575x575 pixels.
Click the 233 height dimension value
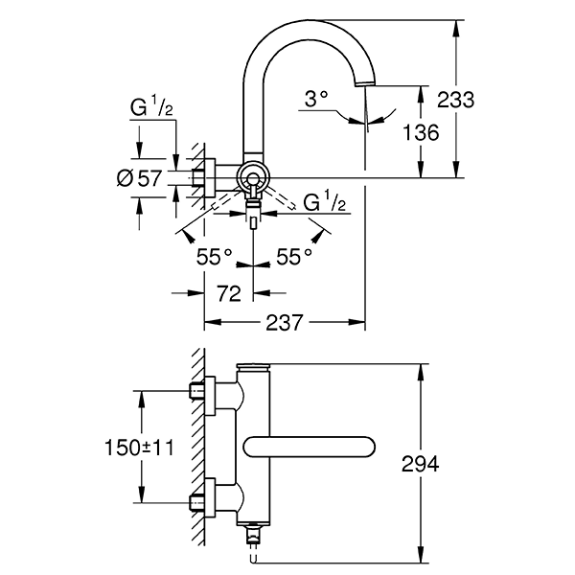(x=456, y=100)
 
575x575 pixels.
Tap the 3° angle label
(x=317, y=98)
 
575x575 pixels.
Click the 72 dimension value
(x=228, y=294)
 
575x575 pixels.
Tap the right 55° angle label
(x=294, y=256)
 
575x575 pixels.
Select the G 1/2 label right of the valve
(x=325, y=203)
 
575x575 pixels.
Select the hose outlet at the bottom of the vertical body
(x=254, y=534)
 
